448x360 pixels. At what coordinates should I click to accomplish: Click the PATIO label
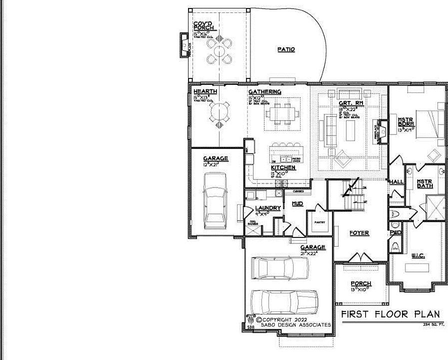click(286, 49)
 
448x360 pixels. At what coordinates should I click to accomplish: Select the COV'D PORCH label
click(204, 25)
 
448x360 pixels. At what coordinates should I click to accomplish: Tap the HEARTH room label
click(205, 91)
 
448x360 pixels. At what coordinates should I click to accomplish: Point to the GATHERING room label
click(264, 92)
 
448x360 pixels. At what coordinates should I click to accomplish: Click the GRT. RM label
click(350, 103)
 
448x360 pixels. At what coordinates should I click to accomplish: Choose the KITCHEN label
click(283, 168)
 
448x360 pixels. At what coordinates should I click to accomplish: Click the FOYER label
click(359, 233)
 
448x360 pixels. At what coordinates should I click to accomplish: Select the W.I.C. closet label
click(418, 256)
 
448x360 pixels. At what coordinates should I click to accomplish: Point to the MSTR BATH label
click(424, 183)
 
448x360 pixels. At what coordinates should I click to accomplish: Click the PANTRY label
click(320, 223)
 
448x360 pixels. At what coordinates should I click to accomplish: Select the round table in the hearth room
click(220, 115)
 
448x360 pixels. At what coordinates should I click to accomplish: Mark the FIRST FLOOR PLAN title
click(390, 314)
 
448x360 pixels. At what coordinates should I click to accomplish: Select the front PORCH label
click(360, 284)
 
